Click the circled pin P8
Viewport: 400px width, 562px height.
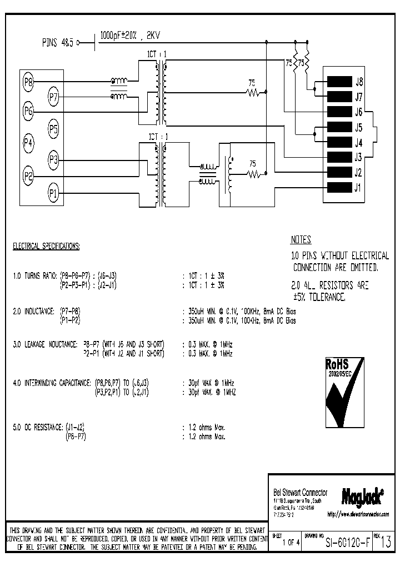click(x=28, y=82)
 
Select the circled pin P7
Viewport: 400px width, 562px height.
click(x=53, y=97)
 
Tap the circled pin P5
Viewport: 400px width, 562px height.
click(x=53, y=129)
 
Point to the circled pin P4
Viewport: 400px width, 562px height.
click(x=28, y=143)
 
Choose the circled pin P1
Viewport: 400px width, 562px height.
click(x=53, y=193)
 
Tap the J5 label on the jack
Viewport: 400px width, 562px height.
click(x=358, y=127)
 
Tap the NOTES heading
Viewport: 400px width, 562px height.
click(x=301, y=240)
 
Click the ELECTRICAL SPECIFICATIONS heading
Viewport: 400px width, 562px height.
click(x=46, y=245)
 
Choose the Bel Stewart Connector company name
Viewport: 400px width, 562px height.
click(x=301, y=493)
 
